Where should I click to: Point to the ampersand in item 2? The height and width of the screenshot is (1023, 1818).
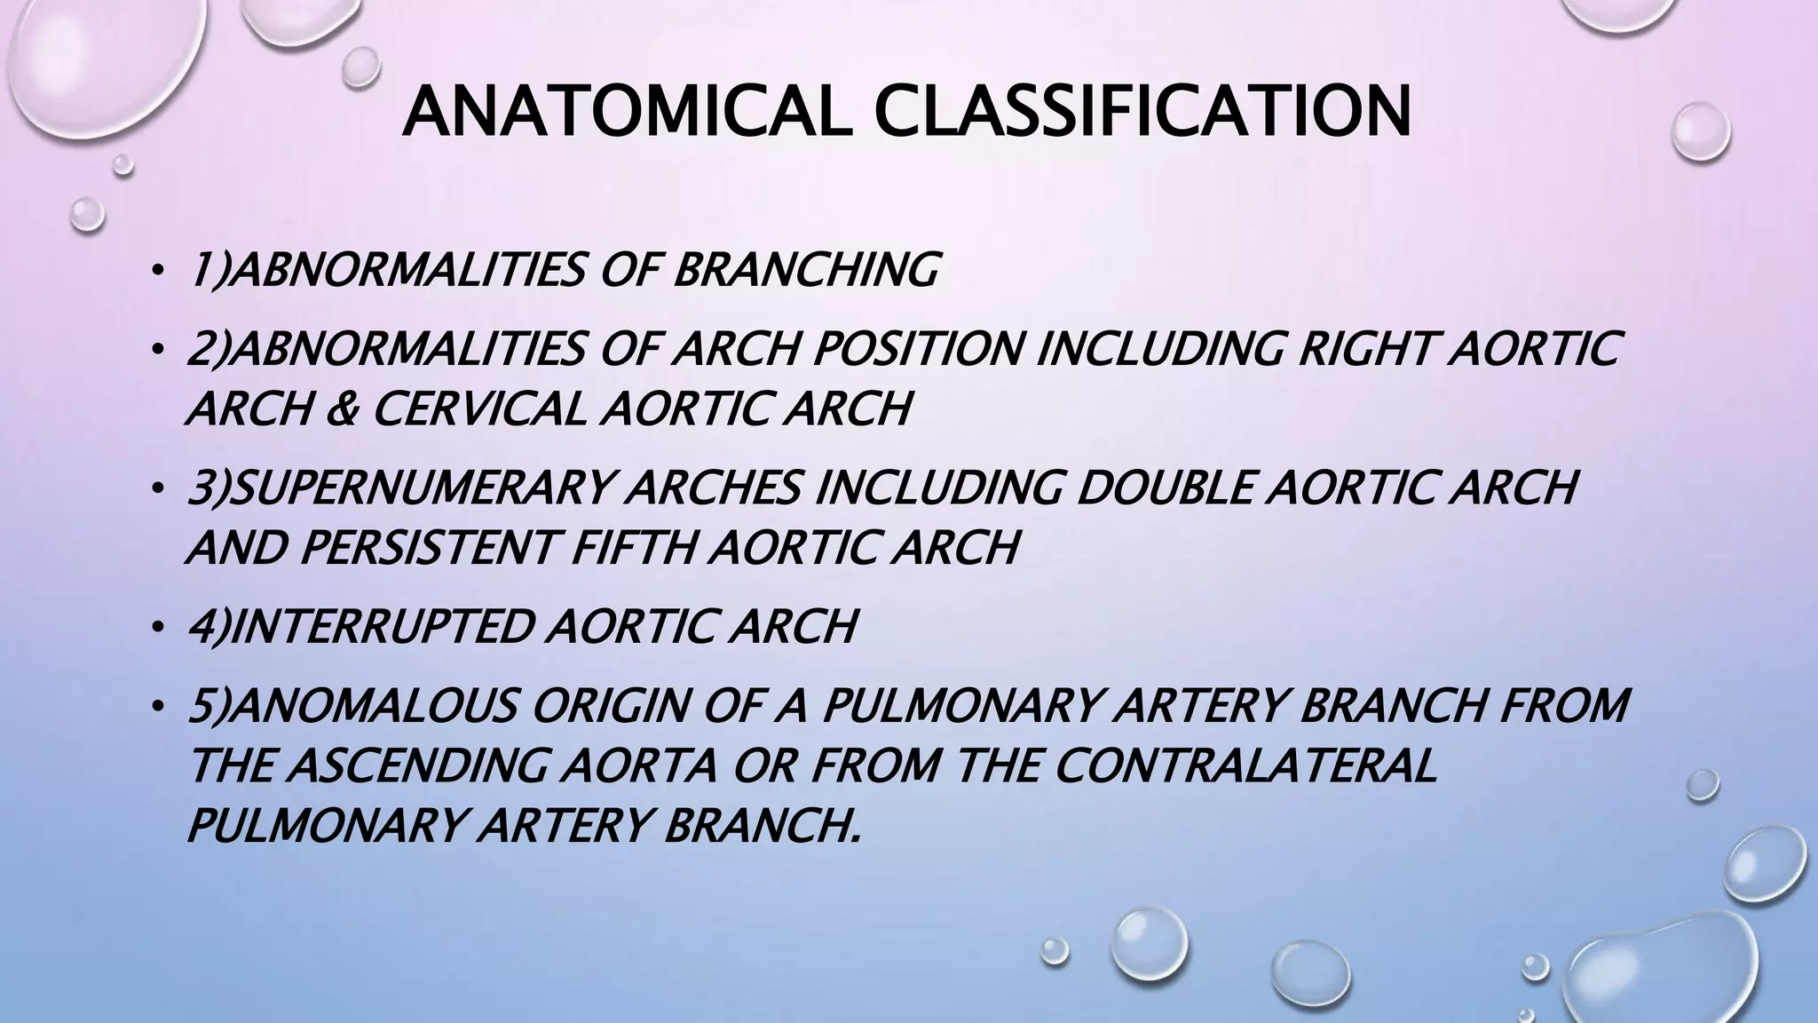341,408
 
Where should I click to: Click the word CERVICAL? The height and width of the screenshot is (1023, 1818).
480,408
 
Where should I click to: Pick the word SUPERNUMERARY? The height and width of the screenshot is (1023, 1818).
424,487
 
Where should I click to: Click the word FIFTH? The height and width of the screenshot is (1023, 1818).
634,547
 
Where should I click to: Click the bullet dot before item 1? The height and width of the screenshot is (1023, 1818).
157,272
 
